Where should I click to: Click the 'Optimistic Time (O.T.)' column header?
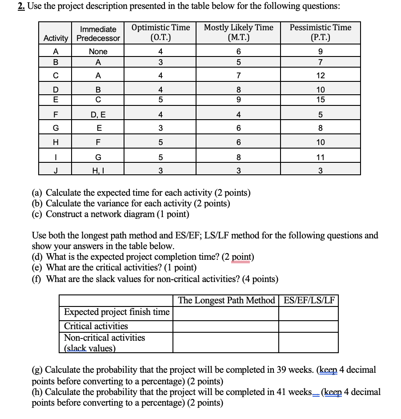coord(160,32)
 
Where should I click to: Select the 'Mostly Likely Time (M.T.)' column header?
coord(238,32)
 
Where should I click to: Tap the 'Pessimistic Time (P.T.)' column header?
coord(320,32)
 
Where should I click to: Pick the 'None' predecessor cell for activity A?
coord(98,52)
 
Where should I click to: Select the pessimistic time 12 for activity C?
coord(320,76)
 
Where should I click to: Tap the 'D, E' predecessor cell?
coord(98,115)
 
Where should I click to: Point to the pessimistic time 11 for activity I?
coord(320,157)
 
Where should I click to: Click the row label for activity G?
coord(56,128)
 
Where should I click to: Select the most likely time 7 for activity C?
coord(238,76)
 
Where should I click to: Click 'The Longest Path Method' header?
coord(226,301)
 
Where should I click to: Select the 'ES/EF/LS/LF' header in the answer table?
coord(309,301)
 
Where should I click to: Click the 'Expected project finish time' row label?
coord(116,312)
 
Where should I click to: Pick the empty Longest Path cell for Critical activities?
coord(226,326)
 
